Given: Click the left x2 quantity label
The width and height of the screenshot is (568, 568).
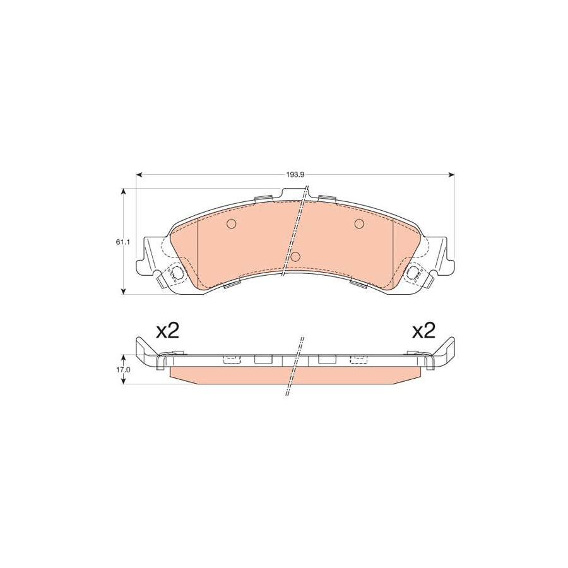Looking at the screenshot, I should click(168, 331).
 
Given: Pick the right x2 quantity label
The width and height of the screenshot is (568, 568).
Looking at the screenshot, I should click(423, 331).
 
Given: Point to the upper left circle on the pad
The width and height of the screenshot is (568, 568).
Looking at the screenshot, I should click(231, 223).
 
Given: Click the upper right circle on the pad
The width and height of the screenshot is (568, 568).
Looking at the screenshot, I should click(359, 223).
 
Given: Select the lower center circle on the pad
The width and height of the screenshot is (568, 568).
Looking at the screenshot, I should click(295, 256).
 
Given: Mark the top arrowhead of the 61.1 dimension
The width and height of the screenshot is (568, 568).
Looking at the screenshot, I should click(124, 190).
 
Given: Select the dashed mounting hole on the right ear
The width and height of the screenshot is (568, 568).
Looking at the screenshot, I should click(415, 273).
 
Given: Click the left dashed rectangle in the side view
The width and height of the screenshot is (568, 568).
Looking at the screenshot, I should click(232, 360).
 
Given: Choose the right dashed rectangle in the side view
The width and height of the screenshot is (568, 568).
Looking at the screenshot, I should click(359, 360).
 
